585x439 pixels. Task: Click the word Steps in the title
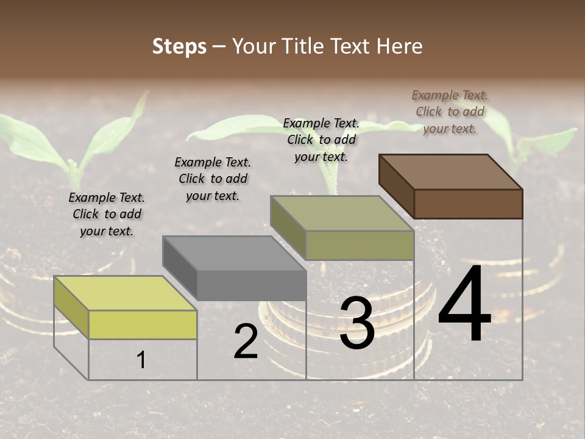pyautogui.click(x=179, y=46)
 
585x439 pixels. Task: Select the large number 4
pyautogui.click(x=464, y=305)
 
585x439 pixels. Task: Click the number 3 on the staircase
pyautogui.click(x=357, y=324)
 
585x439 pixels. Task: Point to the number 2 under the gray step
pyautogui.click(x=246, y=341)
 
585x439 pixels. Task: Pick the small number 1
pyautogui.click(x=141, y=360)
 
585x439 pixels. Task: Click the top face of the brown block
pyautogui.click(x=451, y=171)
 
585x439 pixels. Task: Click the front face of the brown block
pyautogui.click(x=468, y=204)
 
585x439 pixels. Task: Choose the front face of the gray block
pyautogui.click(x=251, y=285)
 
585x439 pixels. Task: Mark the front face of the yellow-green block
pyautogui.click(x=143, y=324)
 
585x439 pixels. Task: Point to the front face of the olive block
pyautogui.click(x=360, y=245)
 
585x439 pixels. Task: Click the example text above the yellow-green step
pyautogui.click(x=107, y=214)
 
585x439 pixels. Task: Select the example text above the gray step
pyautogui.click(x=213, y=179)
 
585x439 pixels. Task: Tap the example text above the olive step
pyautogui.click(x=321, y=140)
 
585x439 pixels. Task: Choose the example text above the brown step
pyautogui.click(x=450, y=112)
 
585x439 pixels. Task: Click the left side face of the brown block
pyautogui.click(x=396, y=186)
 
